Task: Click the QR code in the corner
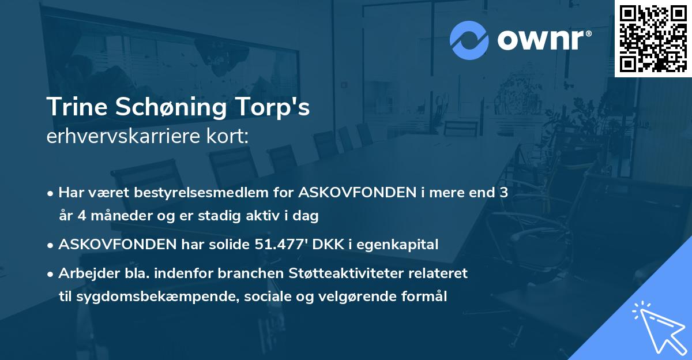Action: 653,38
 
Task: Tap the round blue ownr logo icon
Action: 469,40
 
